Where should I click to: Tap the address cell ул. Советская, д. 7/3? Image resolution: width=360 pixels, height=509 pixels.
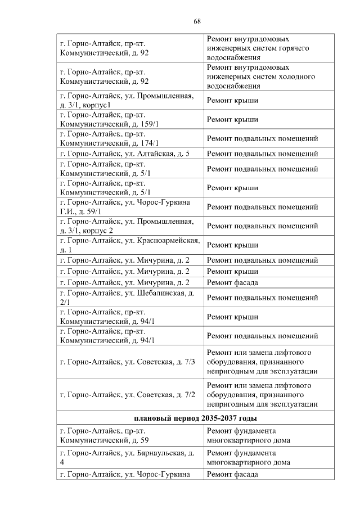coord(127,361)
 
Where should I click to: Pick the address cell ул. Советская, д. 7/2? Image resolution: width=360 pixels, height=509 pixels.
coord(127,394)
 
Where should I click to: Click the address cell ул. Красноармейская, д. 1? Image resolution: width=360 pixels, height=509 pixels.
coord(129,245)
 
